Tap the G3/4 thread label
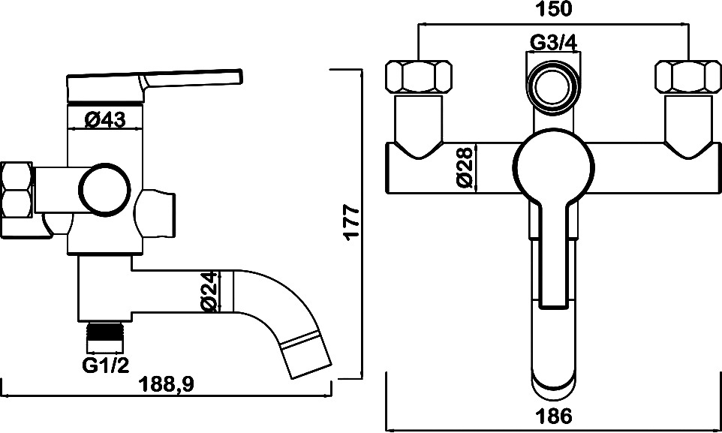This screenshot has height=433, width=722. coord(554,43)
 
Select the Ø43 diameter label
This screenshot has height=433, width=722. coord(104,120)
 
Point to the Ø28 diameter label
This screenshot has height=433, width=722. coord(465,167)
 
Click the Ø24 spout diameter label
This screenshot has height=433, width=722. coord(209,291)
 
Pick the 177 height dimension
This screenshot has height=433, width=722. coord(351,222)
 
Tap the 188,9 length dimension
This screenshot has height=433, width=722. coord(167,383)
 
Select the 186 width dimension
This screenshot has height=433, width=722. coord(555,416)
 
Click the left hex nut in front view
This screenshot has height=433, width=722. coord(418,77)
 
